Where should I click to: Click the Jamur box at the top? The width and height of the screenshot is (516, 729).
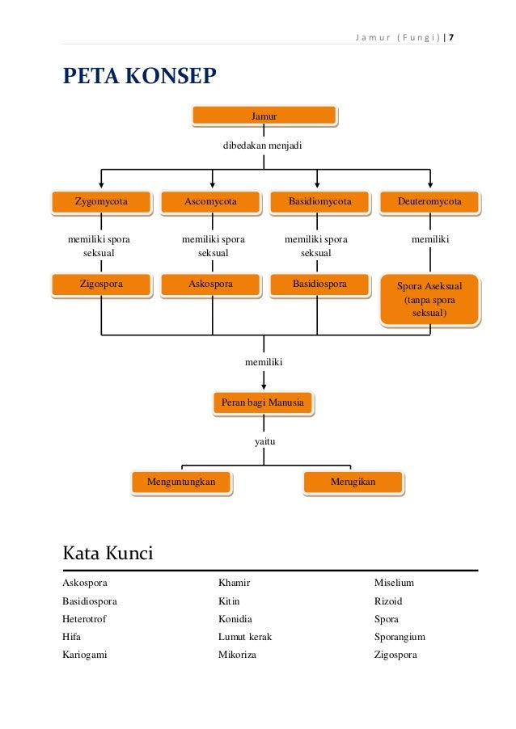point(264,116)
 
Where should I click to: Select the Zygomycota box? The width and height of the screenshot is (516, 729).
point(101,202)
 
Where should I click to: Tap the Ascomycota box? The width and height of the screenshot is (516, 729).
point(211,202)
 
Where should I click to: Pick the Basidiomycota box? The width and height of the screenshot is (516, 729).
point(320,202)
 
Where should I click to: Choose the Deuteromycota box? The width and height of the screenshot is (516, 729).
point(430,202)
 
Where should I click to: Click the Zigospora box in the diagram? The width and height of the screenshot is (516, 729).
point(101,284)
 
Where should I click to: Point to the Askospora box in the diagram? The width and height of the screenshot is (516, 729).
point(211,284)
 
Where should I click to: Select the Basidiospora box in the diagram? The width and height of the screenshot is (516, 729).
point(320,284)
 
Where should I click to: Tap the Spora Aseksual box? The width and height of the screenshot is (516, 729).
point(430,299)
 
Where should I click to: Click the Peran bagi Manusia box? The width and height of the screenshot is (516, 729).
point(264,402)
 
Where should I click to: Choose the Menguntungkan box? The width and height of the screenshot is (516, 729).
point(181,482)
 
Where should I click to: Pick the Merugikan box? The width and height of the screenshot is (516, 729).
point(353,482)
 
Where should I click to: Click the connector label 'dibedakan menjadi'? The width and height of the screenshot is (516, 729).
point(262,145)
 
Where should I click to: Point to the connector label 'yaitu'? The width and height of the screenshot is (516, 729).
point(264,441)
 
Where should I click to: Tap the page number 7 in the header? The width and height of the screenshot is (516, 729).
point(451,37)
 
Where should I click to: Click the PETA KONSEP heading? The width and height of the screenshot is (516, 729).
point(140,76)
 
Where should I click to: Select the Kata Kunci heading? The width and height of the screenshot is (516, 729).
point(108,553)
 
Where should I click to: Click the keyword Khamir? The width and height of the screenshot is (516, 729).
point(235,583)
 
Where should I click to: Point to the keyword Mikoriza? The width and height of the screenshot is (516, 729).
point(237,655)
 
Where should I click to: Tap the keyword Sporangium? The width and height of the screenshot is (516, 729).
point(400,637)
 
